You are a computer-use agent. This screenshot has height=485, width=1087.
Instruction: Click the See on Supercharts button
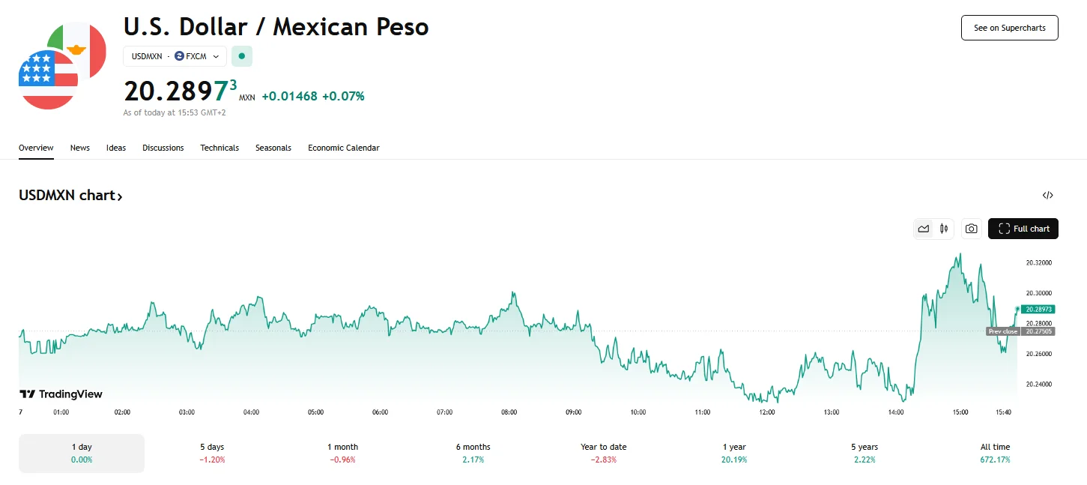click(x=1009, y=28)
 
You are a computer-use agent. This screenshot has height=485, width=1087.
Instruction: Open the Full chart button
click(x=1023, y=229)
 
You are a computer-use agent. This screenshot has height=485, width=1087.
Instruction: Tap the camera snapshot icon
click(x=971, y=229)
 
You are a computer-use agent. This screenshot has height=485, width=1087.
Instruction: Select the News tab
click(x=80, y=148)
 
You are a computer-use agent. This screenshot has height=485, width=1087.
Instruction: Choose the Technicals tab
click(x=219, y=148)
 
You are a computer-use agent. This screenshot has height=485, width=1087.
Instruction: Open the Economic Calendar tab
click(x=343, y=148)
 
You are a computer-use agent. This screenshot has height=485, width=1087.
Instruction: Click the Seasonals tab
click(x=273, y=148)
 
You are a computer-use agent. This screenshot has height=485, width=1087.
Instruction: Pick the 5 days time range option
click(x=212, y=453)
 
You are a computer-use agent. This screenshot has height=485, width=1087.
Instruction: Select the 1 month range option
click(x=342, y=453)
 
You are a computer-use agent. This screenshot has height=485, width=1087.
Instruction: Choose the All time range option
click(x=995, y=453)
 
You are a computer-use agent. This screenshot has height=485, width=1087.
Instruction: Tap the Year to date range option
click(x=603, y=453)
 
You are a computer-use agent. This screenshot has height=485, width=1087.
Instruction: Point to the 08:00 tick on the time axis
click(x=509, y=412)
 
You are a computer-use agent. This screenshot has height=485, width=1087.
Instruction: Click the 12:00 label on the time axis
click(x=766, y=412)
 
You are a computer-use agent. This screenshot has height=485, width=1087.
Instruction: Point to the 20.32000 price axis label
click(x=1038, y=263)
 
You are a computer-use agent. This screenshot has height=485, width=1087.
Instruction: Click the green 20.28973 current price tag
click(x=1038, y=309)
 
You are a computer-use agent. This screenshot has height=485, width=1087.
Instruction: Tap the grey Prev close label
click(x=1002, y=331)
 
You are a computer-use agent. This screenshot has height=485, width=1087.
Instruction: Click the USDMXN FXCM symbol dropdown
click(x=175, y=56)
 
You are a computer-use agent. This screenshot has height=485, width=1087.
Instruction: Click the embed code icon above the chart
click(x=1047, y=196)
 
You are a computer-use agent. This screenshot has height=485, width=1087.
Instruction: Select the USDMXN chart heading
click(x=70, y=196)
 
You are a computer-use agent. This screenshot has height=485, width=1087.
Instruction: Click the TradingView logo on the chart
click(x=61, y=394)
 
